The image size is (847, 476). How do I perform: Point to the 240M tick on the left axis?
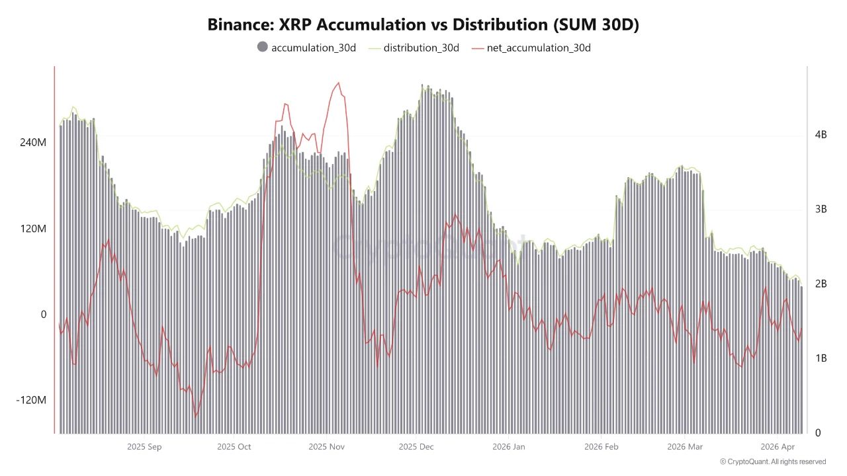tap(33, 143)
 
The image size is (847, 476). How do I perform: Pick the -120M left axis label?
tap(31, 401)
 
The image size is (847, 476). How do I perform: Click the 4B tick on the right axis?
tap(821, 134)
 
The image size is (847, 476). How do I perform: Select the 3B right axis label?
tap(821, 209)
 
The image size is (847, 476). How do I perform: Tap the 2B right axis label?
tap(821, 284)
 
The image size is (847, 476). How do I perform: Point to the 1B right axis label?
tap(821, 358)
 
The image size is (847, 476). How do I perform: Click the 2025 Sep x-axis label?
tap(144, 447)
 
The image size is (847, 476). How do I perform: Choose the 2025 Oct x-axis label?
tap(234, 447)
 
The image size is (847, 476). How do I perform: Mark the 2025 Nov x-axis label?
tap(326, 447)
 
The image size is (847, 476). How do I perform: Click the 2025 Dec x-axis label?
tap(416, 447)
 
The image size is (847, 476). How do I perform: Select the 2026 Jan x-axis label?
tap(508, 447)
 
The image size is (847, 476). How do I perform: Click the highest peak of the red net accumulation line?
tap(339, 83)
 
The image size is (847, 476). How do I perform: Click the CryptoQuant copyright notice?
tap(773, 461)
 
